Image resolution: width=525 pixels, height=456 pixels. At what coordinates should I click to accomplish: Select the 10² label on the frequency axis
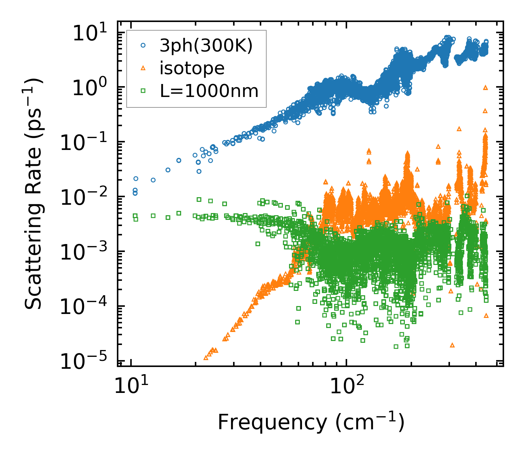[342, 388]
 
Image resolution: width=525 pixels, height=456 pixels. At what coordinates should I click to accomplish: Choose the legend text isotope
[192, 68]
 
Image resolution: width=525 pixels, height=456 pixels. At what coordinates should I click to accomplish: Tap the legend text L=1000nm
[209, 91]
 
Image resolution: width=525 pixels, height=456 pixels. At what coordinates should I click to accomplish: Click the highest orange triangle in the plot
[485, 87]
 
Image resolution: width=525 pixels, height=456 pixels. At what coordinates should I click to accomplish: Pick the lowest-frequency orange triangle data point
[206, 358]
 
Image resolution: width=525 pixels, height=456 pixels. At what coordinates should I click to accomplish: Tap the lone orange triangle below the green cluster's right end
[452, 345]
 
